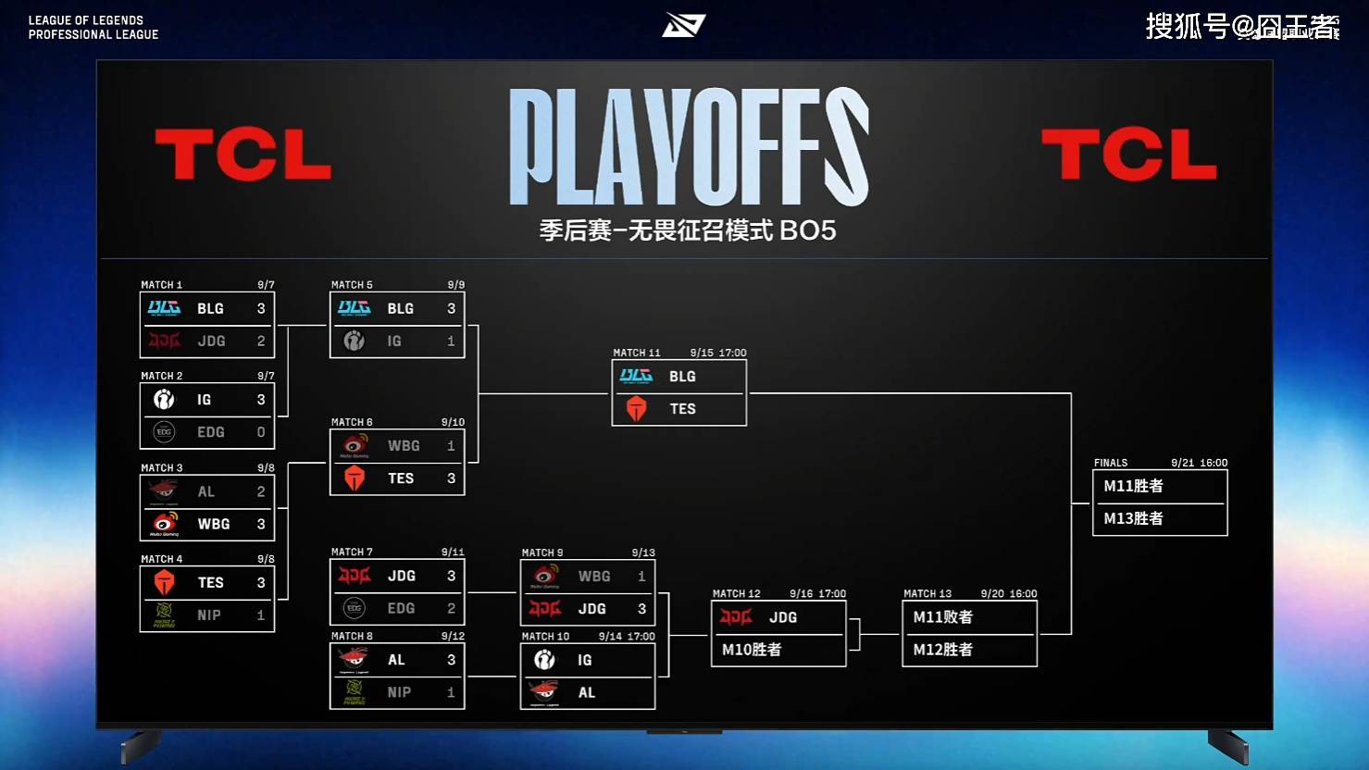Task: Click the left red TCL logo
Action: click(243, 155)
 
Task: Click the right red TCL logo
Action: click(1128, 155)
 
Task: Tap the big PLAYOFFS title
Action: click(689, 147)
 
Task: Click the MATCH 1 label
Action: click(162, 285)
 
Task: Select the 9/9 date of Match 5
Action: click(455, 285)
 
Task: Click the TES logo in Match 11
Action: click(636, 408)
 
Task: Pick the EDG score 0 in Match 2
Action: click(261, 432)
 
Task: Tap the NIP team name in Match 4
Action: click(209, 615)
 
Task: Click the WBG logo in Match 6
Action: click(355, 446)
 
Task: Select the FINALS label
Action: click(1111, 463)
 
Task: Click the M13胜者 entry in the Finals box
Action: click(1133, 518)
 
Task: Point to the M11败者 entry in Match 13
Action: click(942, 617)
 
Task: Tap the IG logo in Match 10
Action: click(544, 660)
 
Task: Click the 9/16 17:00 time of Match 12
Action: click(817, 594)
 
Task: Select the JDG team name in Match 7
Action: click(402, 576)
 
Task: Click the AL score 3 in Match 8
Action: click(452, 660)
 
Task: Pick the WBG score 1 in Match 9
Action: click(641, 577)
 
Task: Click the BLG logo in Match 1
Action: click(165, 308)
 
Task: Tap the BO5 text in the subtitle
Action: click(808, 230)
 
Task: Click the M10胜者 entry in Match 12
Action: click(752, 650)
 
